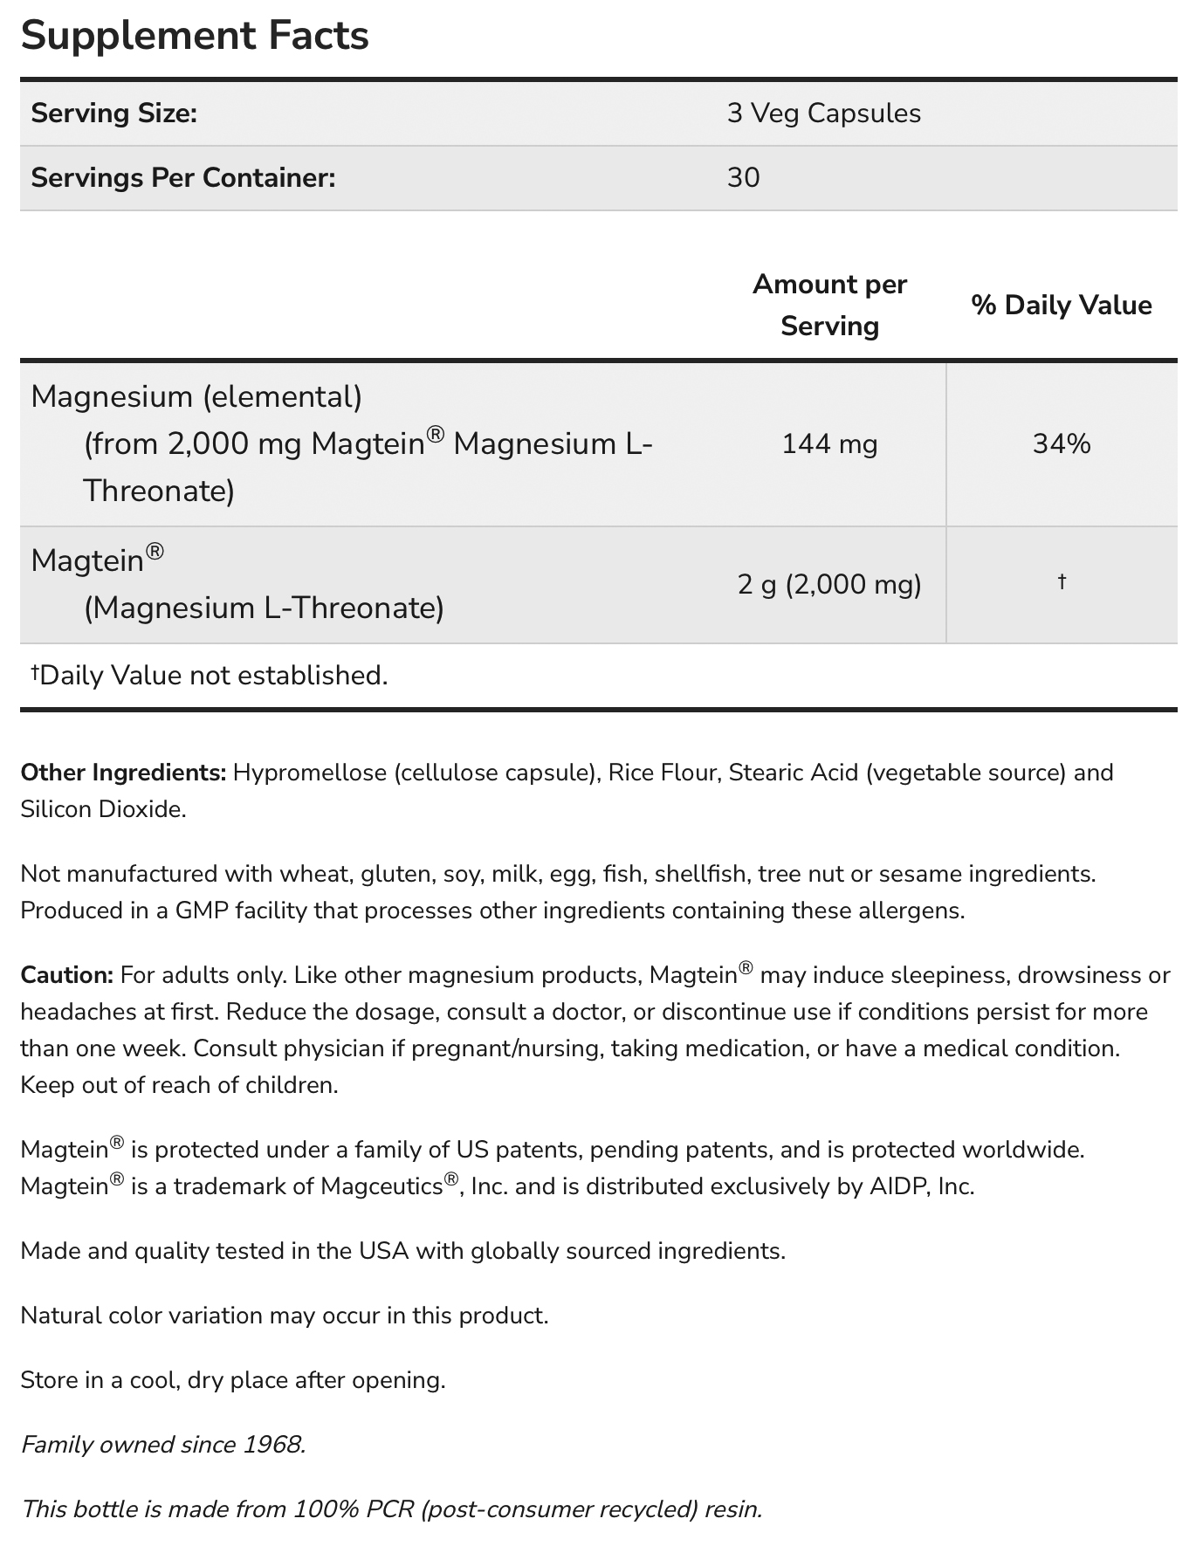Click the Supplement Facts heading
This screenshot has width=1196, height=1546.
pos(195,36)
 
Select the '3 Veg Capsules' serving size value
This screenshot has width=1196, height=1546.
pos(823,113)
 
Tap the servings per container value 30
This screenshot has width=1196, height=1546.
pos(743,178)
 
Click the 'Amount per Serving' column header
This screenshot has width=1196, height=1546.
pos(829,305)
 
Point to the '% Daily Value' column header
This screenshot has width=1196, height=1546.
pos(1061,305)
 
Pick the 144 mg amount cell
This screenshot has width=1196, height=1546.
pos(829,444)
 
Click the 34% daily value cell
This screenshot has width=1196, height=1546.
pos(1062,444)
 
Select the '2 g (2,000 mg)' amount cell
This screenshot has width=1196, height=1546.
pos(829,584)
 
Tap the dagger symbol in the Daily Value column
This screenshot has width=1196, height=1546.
pos(1062,581)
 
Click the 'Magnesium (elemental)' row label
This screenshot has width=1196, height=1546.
pos(196,397)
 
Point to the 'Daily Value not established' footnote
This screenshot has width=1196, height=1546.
pos(209,676)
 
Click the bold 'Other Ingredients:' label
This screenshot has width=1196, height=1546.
pos(123,773)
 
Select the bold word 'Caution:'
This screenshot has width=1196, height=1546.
pos(67,975)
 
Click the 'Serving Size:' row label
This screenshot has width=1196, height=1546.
pos(114,113)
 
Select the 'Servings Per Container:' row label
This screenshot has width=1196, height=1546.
pos(183,178)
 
